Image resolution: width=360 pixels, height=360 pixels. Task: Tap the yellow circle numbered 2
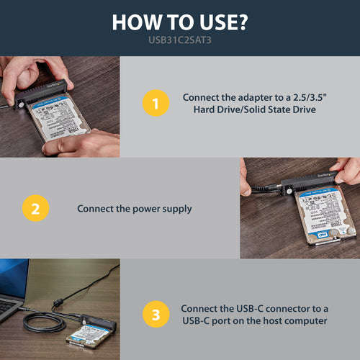[x=35, y=209]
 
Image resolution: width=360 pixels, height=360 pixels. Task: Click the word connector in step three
[x=290, y=307]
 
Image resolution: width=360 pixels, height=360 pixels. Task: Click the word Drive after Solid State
[x=307, y=109]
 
